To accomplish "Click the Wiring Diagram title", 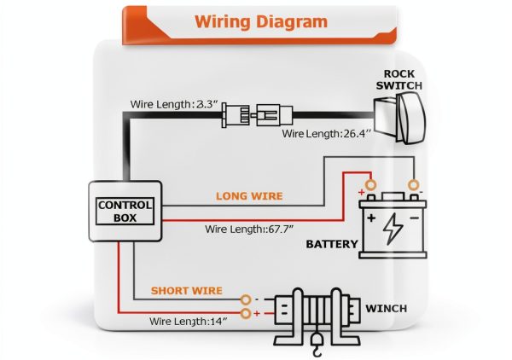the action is [x=261, y=22].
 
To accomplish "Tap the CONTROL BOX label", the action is [x=125, y=212].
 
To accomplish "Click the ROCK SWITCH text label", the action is [x=399, y=79].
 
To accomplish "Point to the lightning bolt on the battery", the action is [x=393, y=229].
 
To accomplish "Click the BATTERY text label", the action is [x=332, y=244].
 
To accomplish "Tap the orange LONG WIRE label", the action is [x=249, y=196].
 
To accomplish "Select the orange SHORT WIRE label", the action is [x=186, y=291].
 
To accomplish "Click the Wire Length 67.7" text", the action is [x=249, y=229].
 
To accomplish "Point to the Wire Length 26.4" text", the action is [x=327, y=133].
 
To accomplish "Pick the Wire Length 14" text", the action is [x=188, y=321].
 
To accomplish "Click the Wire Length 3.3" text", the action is [x=174, y=104].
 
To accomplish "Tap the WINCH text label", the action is [x=387, y=309].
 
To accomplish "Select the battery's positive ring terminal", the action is [x=370, y=185].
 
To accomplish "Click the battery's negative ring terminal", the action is [x=414, y=185].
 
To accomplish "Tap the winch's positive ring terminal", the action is [x=246, y=313].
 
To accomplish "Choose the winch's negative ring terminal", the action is [x=246, y=299].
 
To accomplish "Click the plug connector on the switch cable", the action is [x=257, y=115].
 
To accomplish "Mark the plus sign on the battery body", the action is [x=371, y=218].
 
